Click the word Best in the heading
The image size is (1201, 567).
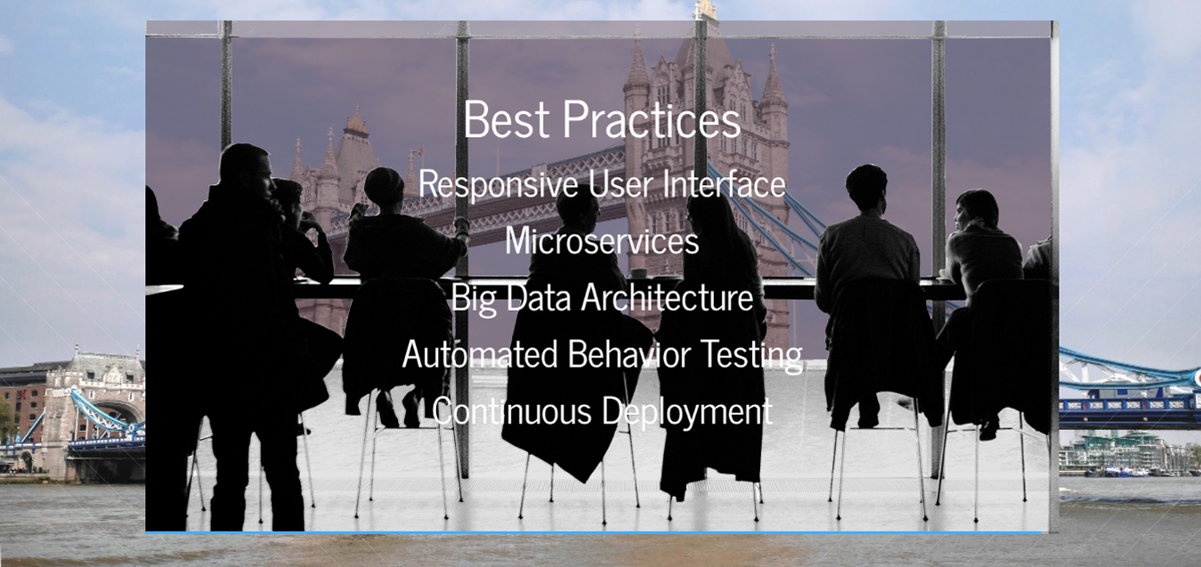click(x=507, y=119)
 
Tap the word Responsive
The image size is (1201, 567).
click(x=499, y=184)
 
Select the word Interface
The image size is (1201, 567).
click(x=725, y=184)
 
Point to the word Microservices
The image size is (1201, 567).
click(x=602, y=240)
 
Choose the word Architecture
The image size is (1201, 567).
click(x=668, y=297)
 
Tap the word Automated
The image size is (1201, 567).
click(x=480, y=354)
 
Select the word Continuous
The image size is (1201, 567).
click(x=512, y=411)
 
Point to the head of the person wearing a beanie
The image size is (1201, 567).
click(x=384, y=187)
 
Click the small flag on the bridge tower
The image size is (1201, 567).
click(x=418, y=151)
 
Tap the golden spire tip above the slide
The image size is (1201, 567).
click(x=704, y=9)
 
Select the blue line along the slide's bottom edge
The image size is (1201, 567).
click(x=593, y=532)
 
